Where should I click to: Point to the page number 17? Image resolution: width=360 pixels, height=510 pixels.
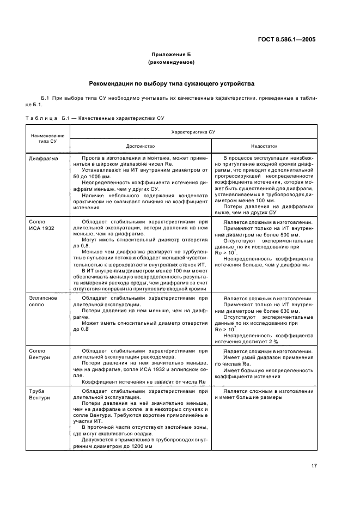point(314,465)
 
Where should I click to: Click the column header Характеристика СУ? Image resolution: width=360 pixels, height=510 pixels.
point(193,132)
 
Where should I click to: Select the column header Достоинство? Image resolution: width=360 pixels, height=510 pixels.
point(141,146)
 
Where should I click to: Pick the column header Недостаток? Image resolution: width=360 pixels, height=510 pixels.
point(264,146)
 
